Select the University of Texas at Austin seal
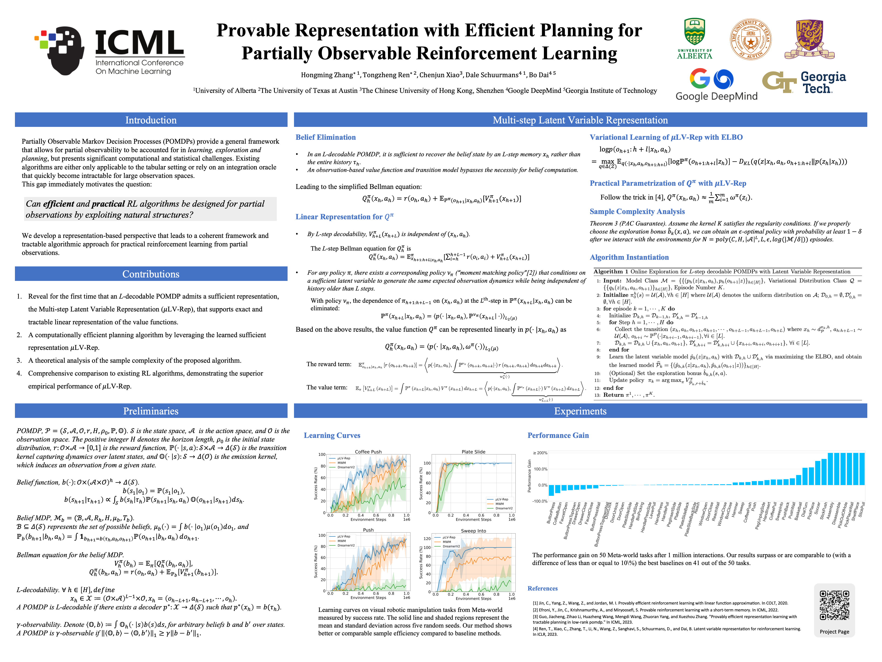(750, 39)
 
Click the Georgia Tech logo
(804, 82)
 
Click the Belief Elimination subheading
(325, 137)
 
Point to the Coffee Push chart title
(368, 452)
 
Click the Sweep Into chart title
(473, 531)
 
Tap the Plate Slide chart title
(473, 452)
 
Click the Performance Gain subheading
(558, 435)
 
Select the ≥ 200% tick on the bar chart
(540, 453)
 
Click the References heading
(542, 588)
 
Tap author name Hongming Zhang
(327, 75)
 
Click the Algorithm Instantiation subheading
(629, 257)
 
